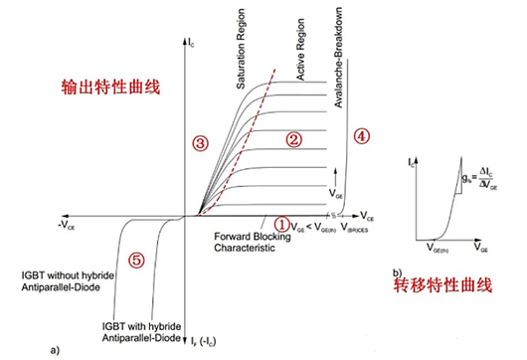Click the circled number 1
282,225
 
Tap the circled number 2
292,140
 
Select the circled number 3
200,143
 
